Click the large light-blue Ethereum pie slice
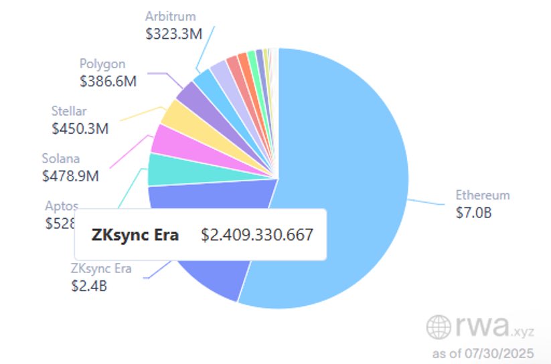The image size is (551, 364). click(x=341, y=181)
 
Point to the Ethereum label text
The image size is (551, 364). click(x=483, y=195)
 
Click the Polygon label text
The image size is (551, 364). click(x=102, y=64)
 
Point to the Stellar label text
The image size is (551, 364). click(x=69, y=111)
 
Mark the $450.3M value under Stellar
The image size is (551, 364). click(x=80, y=127)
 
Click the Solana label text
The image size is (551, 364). click(x=60, y=159)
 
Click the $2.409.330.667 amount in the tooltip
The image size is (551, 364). click(x=257, y=236)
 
